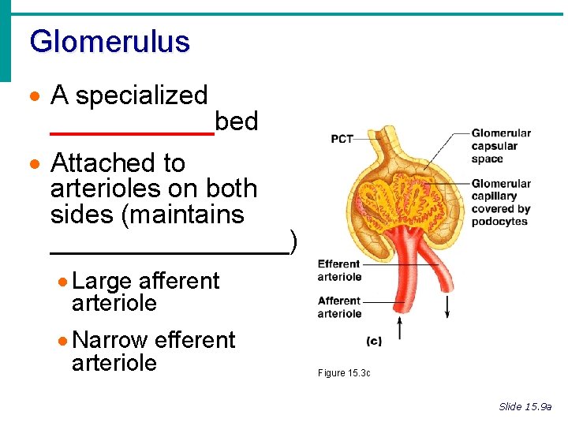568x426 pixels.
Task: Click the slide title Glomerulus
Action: tap(110, 41)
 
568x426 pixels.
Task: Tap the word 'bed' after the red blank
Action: tap(237, 121)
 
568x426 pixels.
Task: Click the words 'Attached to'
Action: tap(118, 163)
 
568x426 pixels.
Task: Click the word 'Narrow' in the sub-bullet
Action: tap(110, 340)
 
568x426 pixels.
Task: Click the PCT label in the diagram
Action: tap(342, 139)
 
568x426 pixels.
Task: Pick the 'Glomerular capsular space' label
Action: tap(501, 146)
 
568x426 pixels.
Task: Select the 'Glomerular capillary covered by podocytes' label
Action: tap(501, 203)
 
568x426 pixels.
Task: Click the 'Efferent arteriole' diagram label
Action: tap(339, 271)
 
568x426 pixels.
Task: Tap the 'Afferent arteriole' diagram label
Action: tap(339, 307)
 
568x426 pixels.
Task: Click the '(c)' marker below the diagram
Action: tap(375, 341)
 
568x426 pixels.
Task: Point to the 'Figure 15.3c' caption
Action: tap(344, 373)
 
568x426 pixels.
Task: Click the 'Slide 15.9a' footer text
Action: tap(525, 407)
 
